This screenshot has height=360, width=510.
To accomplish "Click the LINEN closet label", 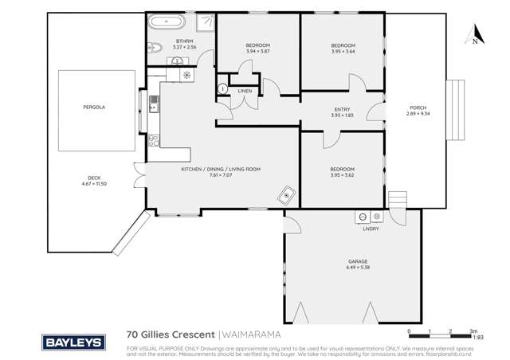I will point(245,91).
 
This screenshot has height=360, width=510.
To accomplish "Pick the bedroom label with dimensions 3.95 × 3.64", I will point(343,45).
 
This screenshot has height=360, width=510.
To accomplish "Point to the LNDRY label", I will point(371,228).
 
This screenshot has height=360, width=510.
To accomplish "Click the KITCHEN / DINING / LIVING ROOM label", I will point(222,169).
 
